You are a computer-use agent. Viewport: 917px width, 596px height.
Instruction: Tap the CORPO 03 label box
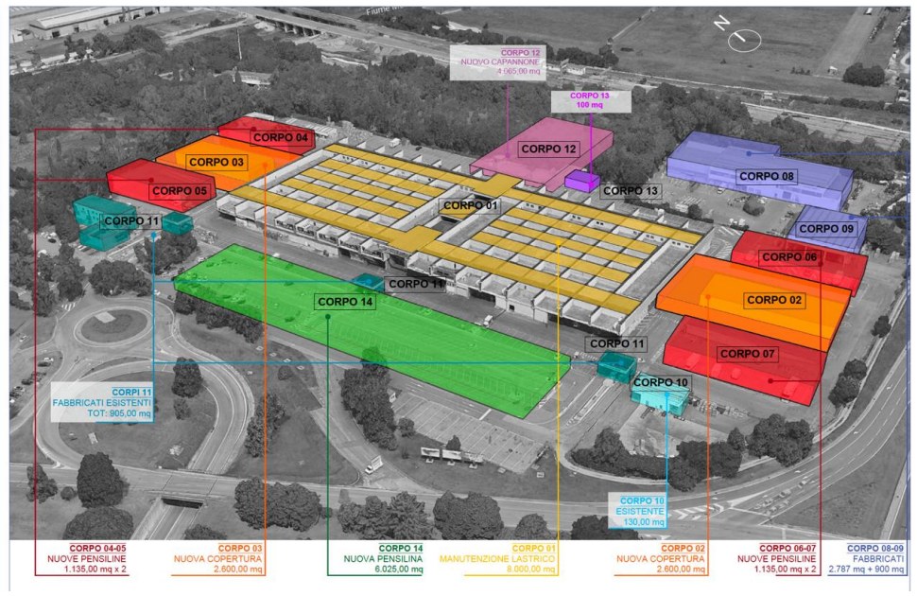(216, 163)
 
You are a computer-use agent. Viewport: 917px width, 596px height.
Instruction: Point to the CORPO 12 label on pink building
(548, 149)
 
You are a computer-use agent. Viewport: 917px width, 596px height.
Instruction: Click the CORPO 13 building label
(631, 191)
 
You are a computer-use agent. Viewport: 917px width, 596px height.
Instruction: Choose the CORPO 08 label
(767, 176)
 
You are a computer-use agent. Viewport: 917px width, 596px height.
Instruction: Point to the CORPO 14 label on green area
(345, 302)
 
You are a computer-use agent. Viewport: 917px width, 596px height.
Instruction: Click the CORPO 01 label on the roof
(470, 205)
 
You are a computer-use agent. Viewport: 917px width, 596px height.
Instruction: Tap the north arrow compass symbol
(744, 39)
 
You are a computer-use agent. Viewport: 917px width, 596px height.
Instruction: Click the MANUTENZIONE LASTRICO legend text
(495, 559)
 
